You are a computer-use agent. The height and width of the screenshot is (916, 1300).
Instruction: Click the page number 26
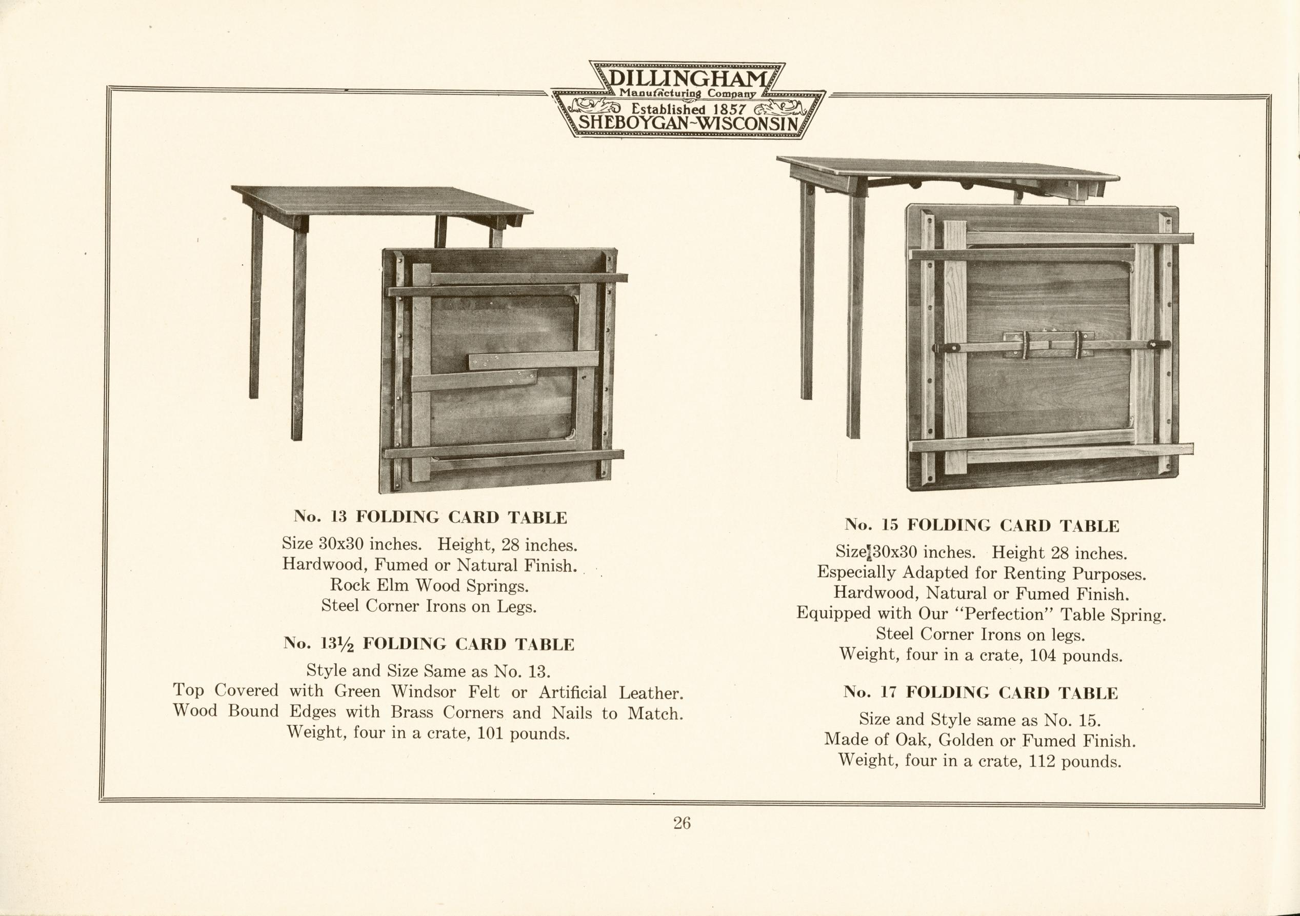pos(682,823)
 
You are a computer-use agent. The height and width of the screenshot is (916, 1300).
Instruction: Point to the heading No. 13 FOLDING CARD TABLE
pos(430,517)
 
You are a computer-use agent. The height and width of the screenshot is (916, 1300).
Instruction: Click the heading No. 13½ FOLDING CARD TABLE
pos(429,644)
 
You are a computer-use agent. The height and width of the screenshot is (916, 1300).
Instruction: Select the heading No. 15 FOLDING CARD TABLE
pos(982,525)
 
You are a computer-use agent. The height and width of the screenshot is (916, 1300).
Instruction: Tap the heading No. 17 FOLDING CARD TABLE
pos(981,692)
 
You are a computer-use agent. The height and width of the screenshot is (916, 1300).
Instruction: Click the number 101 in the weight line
pos(491,734)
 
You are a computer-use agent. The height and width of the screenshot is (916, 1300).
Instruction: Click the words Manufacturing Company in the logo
pos(687,93)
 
